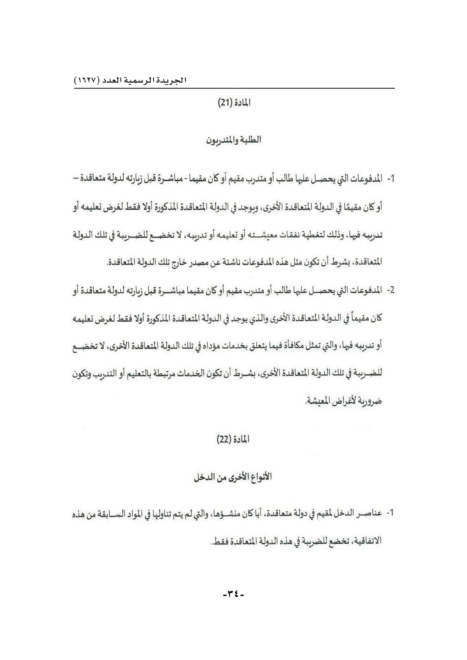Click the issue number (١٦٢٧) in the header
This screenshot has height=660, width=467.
(87, 80)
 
